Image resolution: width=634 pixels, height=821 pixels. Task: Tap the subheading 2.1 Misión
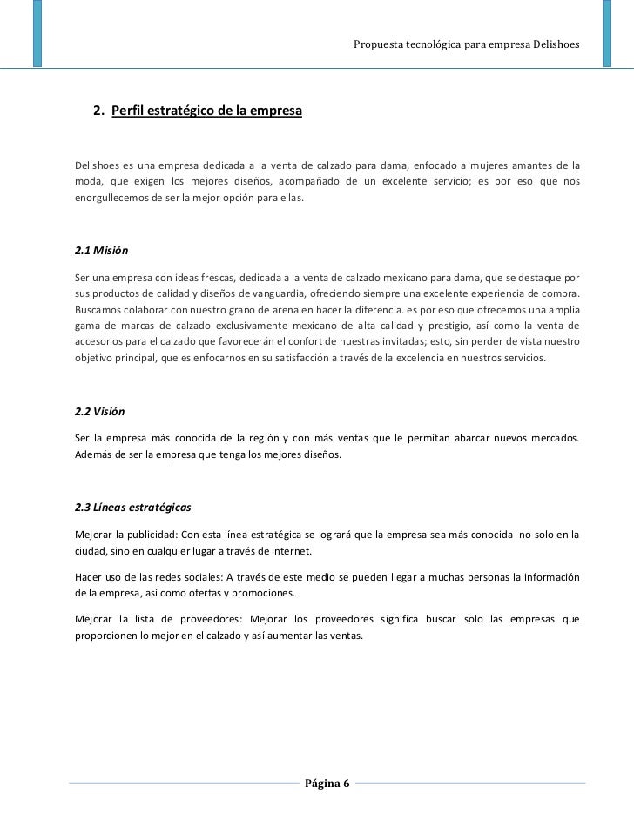pyautogui.click(x=103, y=251)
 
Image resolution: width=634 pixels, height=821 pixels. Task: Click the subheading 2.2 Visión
pyautogui.click(x=102, y=411)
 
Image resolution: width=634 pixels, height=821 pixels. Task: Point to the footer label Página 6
pyautogui.click(x=326, y=783)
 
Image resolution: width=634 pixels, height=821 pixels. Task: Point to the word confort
pyautogui.click(x=336, y=340)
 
